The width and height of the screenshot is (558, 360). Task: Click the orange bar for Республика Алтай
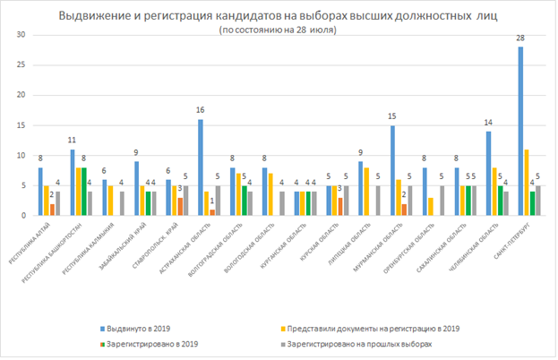52,210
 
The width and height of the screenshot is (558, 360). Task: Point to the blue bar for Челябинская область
489,173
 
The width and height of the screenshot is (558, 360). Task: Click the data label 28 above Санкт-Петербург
520,39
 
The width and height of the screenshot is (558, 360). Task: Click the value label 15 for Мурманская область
393,117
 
